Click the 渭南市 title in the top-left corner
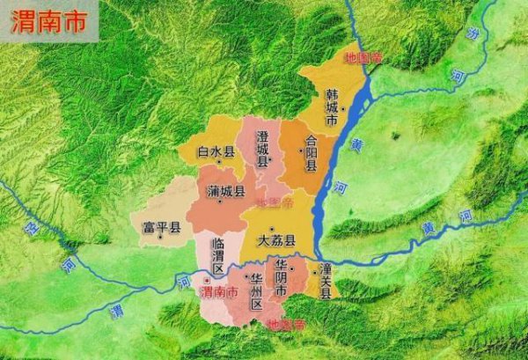[49, 22]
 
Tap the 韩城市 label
[331, 111]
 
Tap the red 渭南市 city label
[219, 291]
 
